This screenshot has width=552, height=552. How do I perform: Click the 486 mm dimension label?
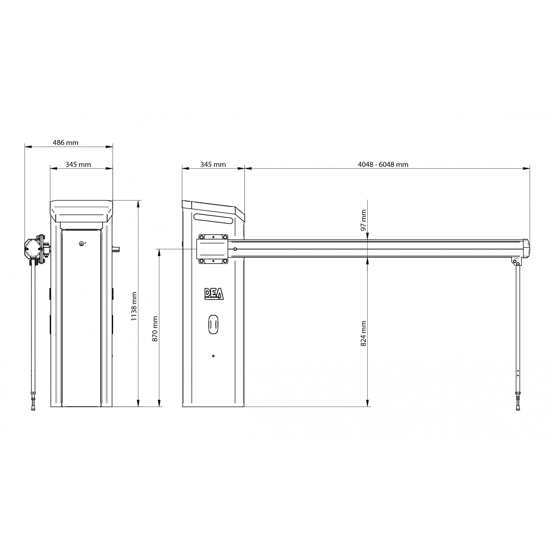(x=66, y=142)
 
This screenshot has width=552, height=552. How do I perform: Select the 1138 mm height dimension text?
(x=134, y=306)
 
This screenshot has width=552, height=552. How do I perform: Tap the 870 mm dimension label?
(x=155, y=329)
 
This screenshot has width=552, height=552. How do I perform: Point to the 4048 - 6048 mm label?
(x=383, y=164)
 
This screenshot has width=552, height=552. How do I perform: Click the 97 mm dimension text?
(x=364, y=220)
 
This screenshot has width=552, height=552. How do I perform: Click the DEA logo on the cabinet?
(x=214, y=294)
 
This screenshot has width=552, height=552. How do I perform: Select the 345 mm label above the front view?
(x=78, y=164)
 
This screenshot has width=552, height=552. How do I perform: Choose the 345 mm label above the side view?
(x=213, y=164)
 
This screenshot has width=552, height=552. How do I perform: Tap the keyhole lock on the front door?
(x=81, y=244)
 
